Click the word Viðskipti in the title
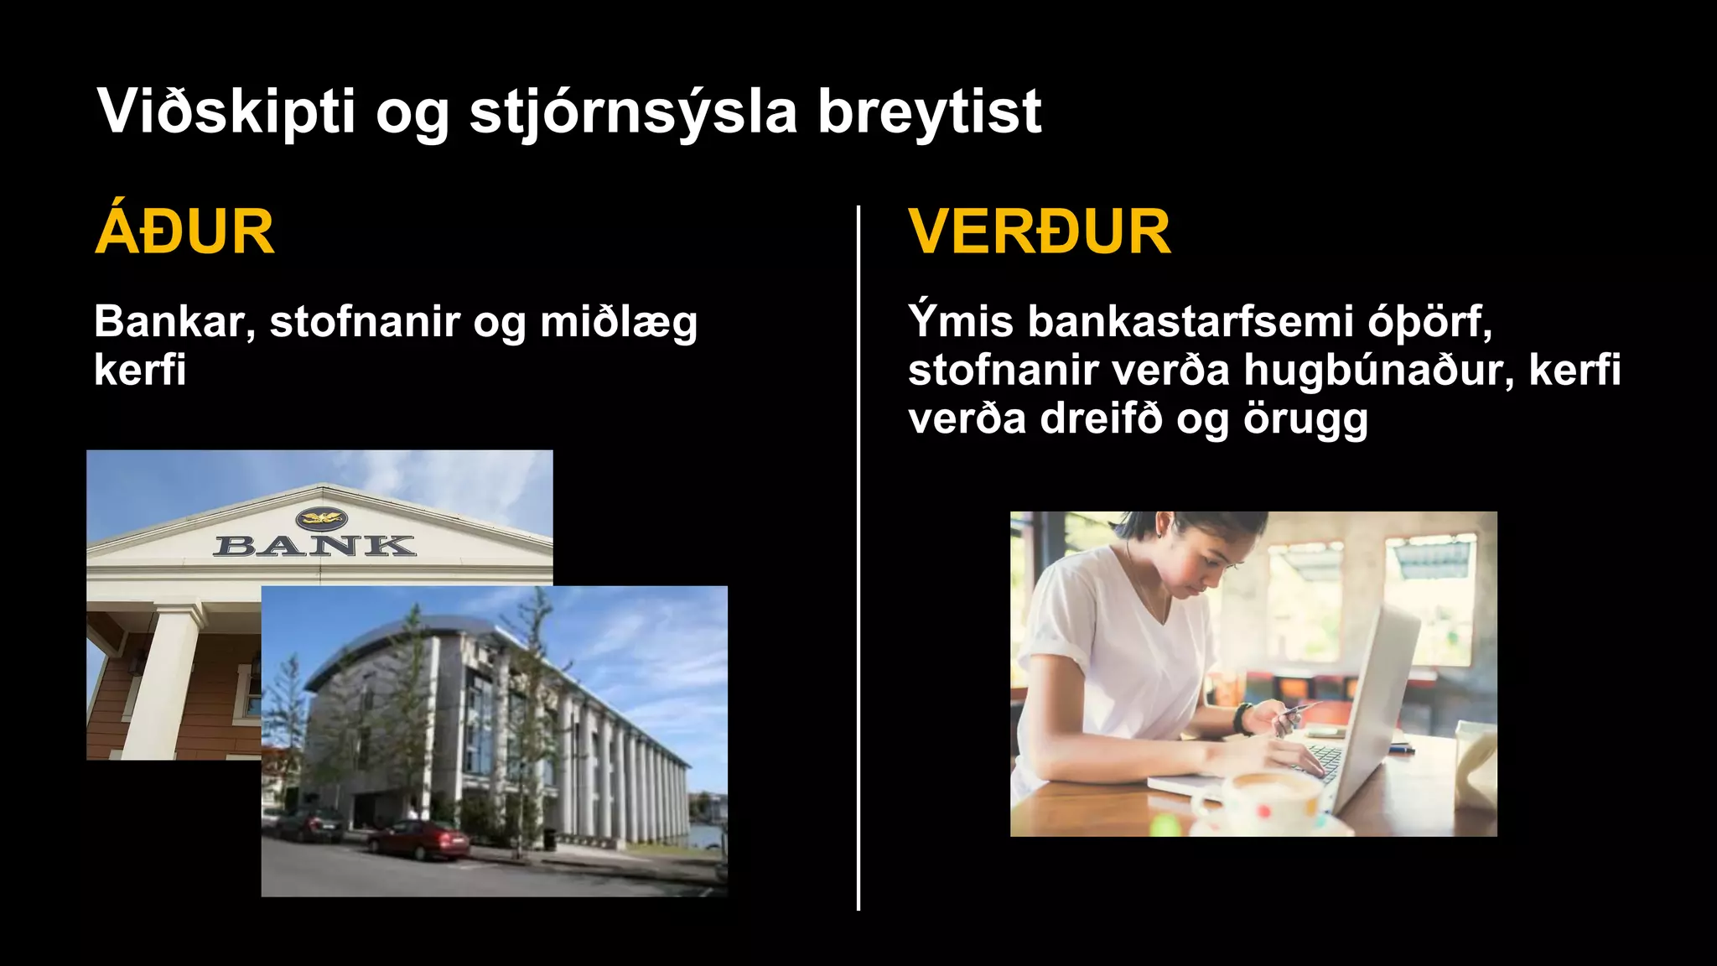click(x=226, y=112)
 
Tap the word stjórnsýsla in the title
click(x=633, y=112)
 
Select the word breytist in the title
click(x=929, y=112)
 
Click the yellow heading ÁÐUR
click(x=184, y=232)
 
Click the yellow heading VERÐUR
click(x=1040, y=232)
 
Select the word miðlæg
click(x=618, y=323)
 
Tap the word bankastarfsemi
click(x=1190, y=321)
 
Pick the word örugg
click(x=1305, y=419)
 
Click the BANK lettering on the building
click(x=314, y=546)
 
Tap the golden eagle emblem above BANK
click(x=321, y=518)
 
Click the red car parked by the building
click(x=419, y=839)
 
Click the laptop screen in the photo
click(x=1375, y=704)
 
